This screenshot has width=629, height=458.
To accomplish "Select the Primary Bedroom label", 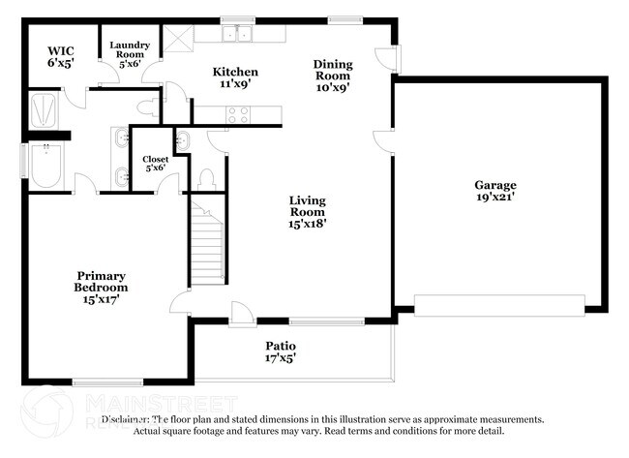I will click(102, 281).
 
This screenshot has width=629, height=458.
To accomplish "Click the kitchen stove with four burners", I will click(237, 114).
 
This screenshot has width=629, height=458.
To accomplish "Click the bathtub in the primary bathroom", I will click(45, 167).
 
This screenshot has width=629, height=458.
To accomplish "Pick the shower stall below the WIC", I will click(45, 108).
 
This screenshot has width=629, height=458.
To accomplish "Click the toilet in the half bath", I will click(205, 178).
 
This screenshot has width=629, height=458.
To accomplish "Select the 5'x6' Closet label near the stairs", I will click(155, 163).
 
